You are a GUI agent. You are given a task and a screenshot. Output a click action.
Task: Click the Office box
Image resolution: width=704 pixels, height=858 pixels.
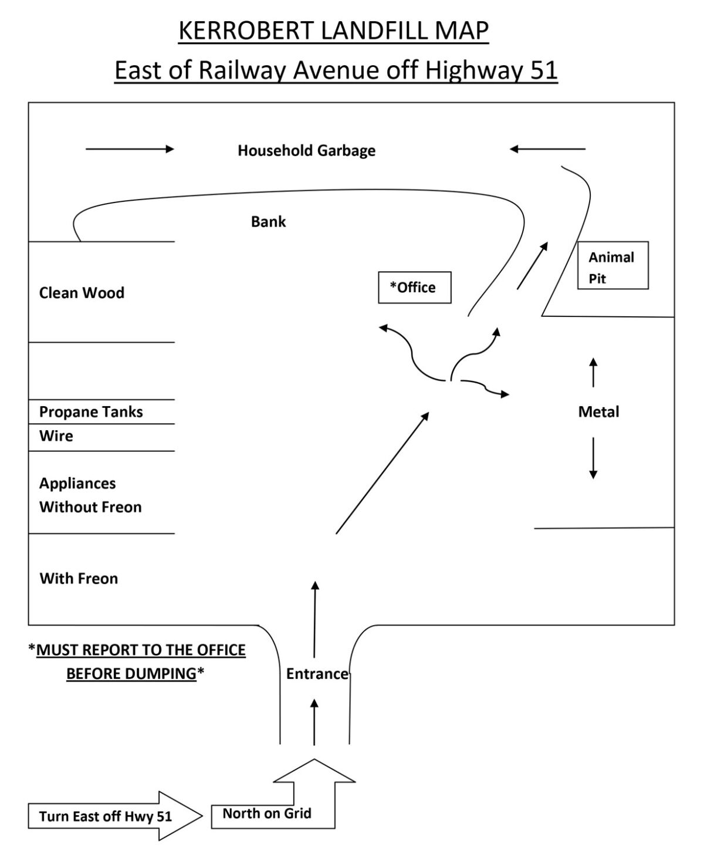(414, 288)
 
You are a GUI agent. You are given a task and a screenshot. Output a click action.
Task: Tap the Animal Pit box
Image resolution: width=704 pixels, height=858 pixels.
(612, 265)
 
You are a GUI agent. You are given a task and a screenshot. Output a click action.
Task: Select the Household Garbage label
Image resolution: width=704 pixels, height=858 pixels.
(306, 151)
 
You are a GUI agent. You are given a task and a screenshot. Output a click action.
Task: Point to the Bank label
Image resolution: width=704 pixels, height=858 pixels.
(268, 222)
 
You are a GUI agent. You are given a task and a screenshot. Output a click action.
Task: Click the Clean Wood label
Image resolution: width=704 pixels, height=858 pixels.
(82, 293)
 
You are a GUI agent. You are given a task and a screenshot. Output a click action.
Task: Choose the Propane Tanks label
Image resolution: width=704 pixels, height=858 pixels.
(91, 412)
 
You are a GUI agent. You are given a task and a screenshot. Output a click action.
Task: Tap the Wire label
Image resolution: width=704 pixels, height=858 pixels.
(56, 436)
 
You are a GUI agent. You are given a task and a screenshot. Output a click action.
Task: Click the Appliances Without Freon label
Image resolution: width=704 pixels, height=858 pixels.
(90, 495)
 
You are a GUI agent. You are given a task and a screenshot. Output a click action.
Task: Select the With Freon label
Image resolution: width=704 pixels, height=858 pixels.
(79, 579)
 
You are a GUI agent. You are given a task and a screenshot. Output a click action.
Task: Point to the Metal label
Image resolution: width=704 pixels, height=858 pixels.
(598, 412)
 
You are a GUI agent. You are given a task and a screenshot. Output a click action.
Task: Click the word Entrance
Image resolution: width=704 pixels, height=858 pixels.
(317, 674)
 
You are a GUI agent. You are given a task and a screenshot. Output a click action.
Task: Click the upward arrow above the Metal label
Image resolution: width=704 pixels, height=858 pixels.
(593, 372)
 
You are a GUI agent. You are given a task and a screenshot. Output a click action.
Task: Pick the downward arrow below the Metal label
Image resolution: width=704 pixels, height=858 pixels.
(593, 458)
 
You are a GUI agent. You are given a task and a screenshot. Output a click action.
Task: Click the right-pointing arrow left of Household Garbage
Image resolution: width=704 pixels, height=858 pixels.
(130, 149)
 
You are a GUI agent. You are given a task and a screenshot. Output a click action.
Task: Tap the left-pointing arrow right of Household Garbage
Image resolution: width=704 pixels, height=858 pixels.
(547, 149)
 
